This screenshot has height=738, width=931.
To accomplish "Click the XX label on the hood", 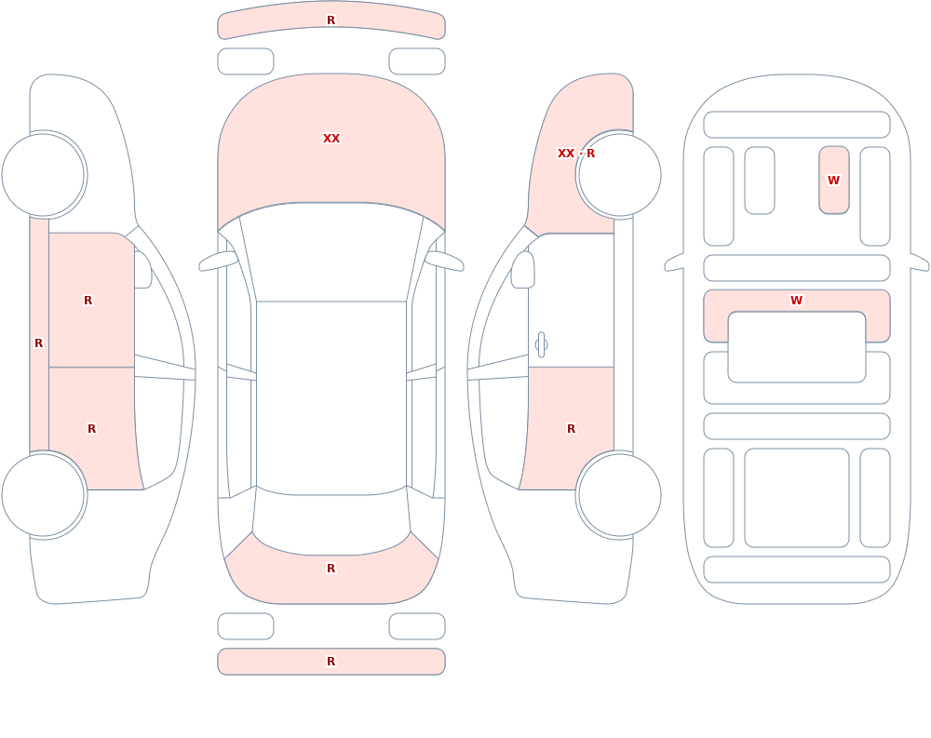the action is [x=331, y=139].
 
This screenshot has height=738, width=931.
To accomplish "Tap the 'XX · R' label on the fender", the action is [x=576, y=154].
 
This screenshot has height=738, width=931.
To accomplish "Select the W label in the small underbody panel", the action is [x=833, y=180].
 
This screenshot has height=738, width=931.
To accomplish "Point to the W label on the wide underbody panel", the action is [x=796, y=301].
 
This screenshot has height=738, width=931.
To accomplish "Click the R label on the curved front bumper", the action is [x=331, y=20].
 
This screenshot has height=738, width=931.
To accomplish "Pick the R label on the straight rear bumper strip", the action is [x=331, y=662].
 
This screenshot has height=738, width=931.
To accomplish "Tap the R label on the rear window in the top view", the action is [x=331, y=569].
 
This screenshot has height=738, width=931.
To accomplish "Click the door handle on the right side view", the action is [x=541, y=345].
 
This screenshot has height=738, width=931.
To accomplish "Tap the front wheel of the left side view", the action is [x=44, y=175].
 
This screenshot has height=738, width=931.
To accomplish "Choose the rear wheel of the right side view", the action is [x=619, y=494].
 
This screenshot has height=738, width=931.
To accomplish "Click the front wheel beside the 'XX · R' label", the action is [x=619, y=175].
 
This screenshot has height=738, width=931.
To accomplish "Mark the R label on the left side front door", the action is [x=88, y=301].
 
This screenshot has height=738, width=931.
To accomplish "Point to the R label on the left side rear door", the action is [x=91, y=429].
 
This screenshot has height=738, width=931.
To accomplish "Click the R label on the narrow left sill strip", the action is [x=38, y=343].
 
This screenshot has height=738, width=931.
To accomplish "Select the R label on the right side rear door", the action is [x=572, y=429].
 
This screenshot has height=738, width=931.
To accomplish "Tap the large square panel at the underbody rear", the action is [x=797, y=498].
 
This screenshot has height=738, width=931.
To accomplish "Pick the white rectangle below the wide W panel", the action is [x=797, y=347].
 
